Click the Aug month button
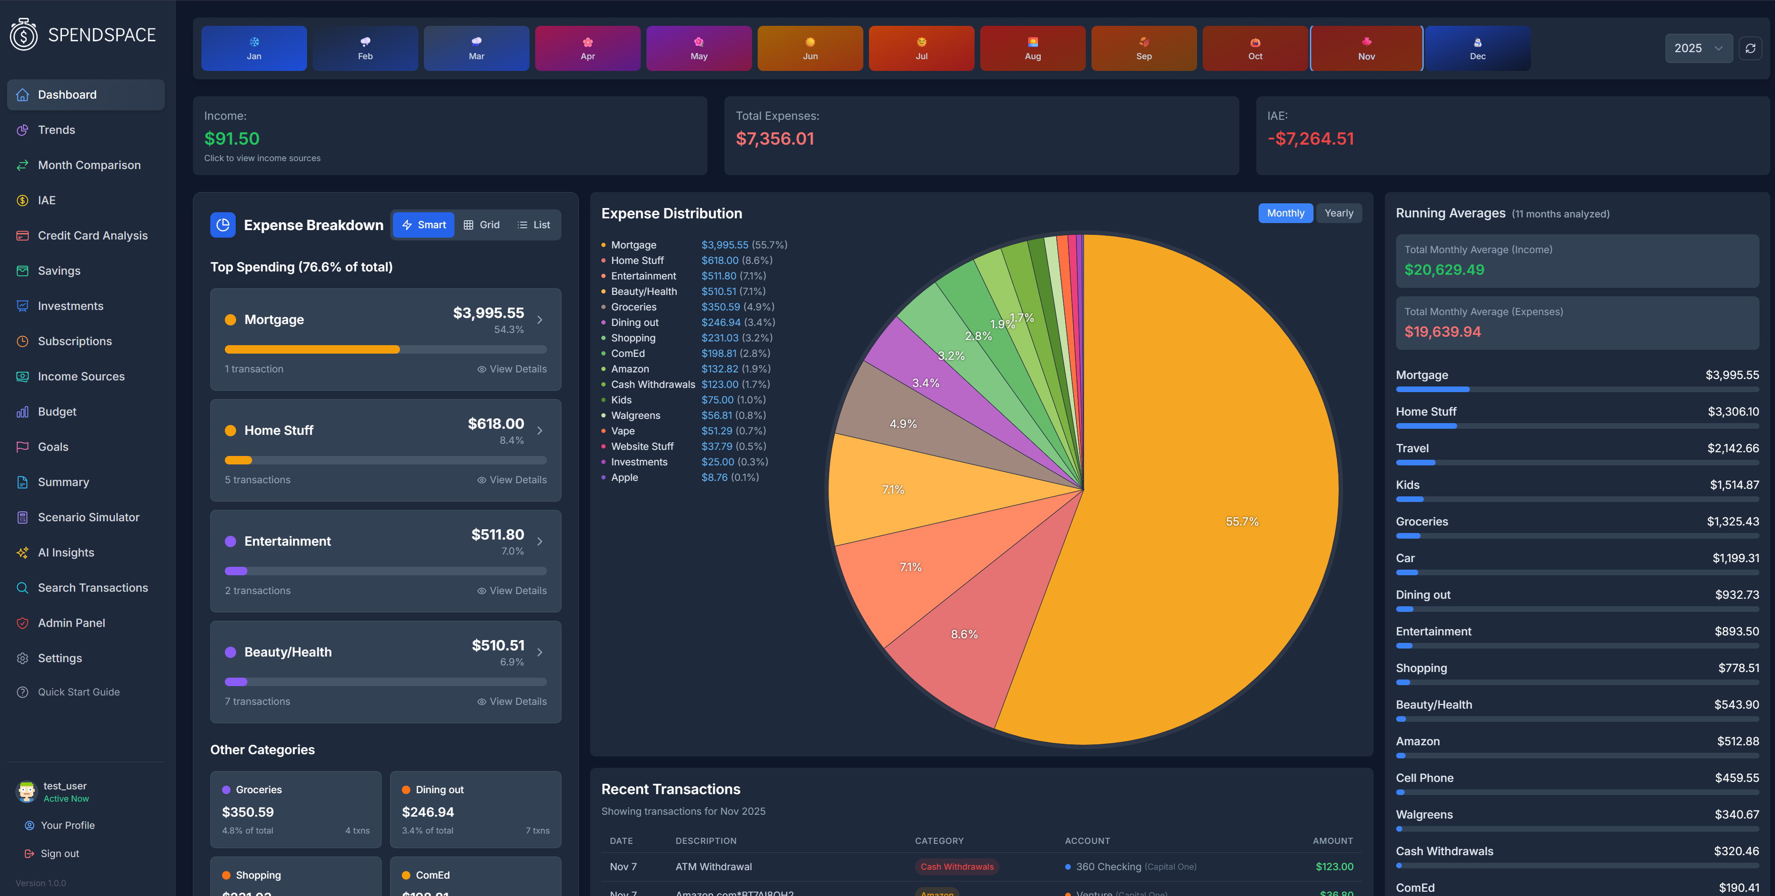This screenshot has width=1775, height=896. click(1032, 48)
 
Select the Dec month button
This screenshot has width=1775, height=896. click(1477, 48)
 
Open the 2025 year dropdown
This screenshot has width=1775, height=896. click(1698, 48)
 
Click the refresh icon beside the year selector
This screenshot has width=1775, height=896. click(1750, 48)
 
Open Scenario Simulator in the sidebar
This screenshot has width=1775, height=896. click(88, 518)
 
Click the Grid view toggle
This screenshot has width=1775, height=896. click(482, 224)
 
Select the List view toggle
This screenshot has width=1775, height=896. click(534, 224)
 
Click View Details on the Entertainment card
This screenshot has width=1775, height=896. click(512, 591)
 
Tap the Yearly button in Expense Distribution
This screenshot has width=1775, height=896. click(1338, 213)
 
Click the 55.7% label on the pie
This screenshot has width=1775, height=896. click(1242, 522)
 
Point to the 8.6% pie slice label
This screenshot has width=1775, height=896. click(964, 634)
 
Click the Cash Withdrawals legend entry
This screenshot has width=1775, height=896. click(653, 385)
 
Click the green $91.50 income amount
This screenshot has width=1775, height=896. click(231, 139)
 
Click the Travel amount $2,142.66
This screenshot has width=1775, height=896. click(1732, 448)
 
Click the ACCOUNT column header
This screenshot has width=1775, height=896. click(1087, 841)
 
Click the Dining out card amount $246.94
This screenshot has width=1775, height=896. click(427, 812)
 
